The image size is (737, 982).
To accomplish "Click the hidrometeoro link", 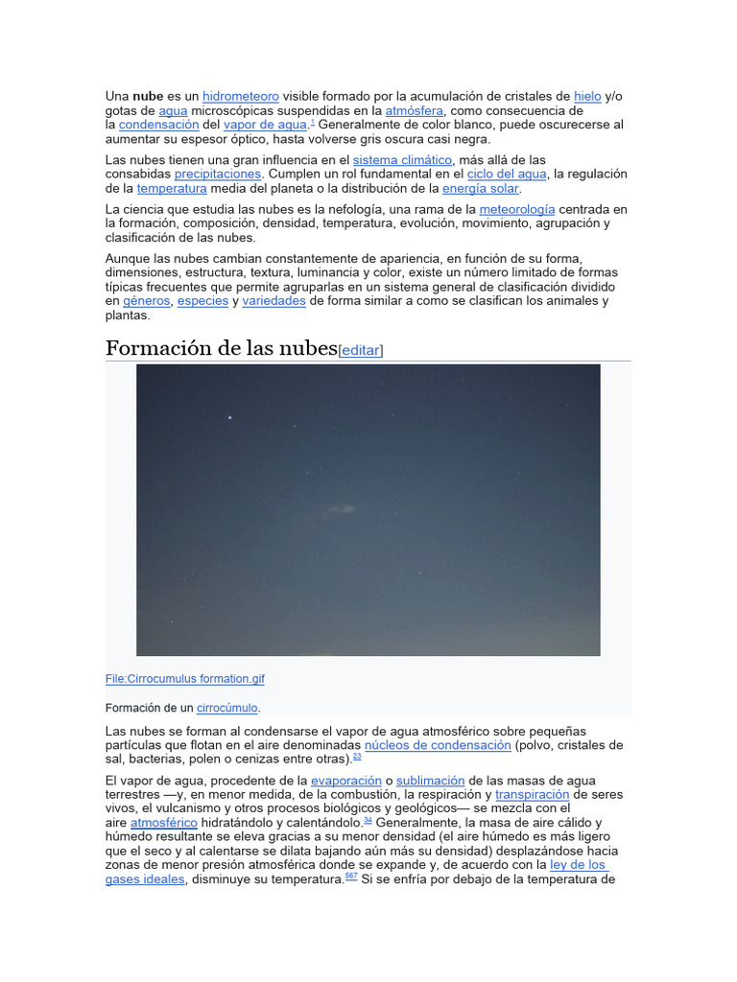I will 241,97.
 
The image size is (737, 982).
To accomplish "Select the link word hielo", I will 587,97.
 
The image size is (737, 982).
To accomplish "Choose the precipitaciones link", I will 218,175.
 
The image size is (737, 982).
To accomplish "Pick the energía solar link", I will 480,189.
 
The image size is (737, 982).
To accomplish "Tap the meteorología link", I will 517,209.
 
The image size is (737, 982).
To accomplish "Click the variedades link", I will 273,301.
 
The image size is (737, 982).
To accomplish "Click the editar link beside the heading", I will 361,351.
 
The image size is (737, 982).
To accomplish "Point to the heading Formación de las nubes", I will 221,347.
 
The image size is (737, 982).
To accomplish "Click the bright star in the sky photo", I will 230,417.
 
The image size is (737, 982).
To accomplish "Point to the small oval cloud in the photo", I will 340,509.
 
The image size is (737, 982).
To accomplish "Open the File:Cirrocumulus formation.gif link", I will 184,679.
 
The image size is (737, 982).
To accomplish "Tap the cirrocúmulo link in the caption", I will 227,709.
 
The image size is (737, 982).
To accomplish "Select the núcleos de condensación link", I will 438,745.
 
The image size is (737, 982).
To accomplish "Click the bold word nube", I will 148,97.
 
